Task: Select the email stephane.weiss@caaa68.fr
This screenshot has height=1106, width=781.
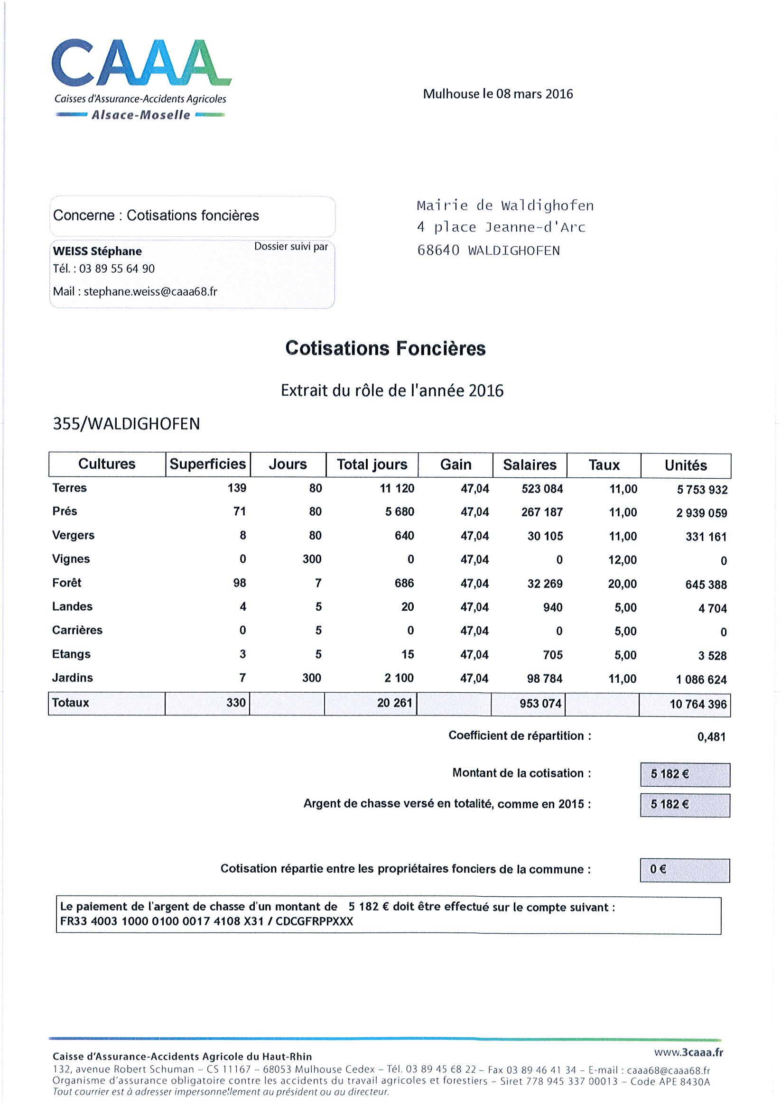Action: click(x=150, y=291)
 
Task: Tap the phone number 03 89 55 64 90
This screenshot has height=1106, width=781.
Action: click(x=117, y=269)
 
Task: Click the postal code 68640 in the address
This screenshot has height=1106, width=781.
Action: click(x=438, y=251)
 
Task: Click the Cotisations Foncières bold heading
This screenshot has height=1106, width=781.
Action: click(x=385, y=348)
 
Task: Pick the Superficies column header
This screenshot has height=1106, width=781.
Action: click(x=208, y=464)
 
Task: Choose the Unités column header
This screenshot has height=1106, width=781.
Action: click(x=685, y=465)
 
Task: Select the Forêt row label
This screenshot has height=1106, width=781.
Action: click(x=67, y=583)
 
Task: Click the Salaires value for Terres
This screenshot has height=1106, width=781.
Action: click(x=541, y=489)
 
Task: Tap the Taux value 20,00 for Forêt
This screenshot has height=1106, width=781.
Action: click(x=622, y=584)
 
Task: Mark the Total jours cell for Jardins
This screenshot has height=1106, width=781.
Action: click(x=399, y=678)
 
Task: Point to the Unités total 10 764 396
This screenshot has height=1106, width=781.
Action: click(x=697, y=704)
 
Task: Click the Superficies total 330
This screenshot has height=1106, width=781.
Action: click(x=236, y=703)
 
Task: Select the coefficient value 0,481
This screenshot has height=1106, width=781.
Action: click(x=711, y=737)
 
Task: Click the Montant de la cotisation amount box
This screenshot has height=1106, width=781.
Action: click(x=684, y=774)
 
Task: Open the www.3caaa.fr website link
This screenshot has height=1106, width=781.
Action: click(x=688, y=1052)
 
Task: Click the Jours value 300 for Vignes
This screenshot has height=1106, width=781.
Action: click(x=312, y=559)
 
